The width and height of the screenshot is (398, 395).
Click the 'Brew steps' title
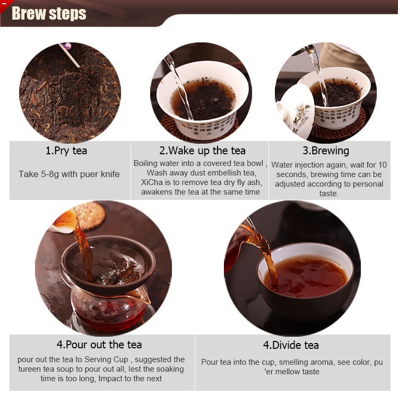[x=49, y=13]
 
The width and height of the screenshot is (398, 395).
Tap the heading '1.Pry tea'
[x=66, y=151]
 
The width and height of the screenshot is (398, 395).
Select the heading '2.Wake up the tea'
[x=202, y=151]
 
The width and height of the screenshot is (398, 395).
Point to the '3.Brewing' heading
[x=326, y=151]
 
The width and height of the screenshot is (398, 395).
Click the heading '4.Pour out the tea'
[x=99, y=345]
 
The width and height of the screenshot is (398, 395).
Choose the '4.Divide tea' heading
[x=291, y=345]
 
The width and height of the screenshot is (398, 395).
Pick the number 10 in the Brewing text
[x=383, y=165]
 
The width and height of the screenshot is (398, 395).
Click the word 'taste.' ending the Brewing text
[x=329, y=194]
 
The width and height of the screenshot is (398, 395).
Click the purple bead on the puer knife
[x=68, y=46]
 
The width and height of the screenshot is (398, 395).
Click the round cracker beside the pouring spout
[x=90, y=215]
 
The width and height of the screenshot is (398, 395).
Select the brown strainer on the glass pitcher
[x=108, y=265]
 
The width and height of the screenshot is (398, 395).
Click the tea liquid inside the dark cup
[x=306, y=277]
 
